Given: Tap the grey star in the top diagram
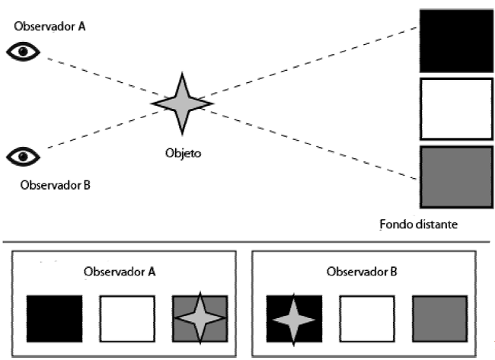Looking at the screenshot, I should pos(181,103).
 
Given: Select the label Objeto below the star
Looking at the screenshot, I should pos(183,152).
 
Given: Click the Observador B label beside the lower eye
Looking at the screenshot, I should pos(50,184).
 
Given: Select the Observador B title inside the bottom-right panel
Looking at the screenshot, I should pos(360,272).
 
